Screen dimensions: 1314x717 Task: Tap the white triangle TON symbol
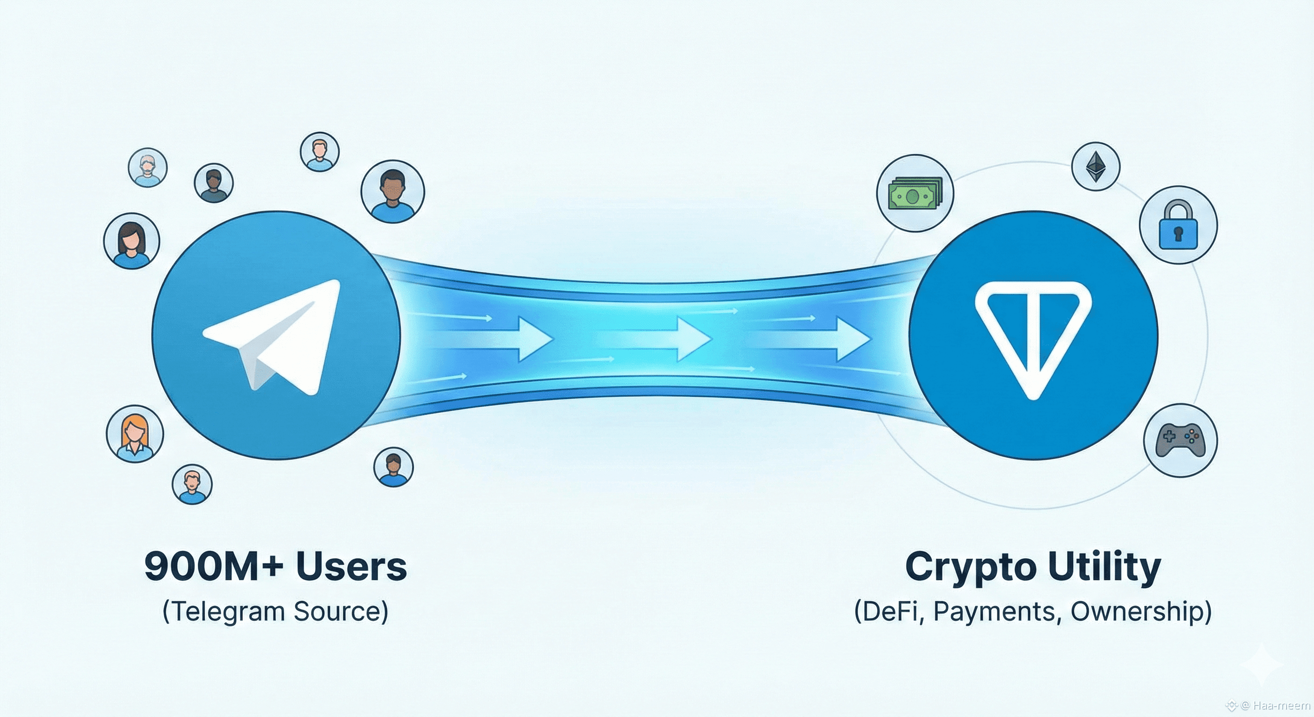click(1033, 337)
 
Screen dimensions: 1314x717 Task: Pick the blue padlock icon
click(1178, 225)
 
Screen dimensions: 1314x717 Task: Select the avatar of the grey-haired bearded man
click(148, 168)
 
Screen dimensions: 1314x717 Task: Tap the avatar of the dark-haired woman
click(132, 241)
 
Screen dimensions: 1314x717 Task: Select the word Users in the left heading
click(351, 566)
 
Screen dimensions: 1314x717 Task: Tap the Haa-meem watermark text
click(1280, 706)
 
